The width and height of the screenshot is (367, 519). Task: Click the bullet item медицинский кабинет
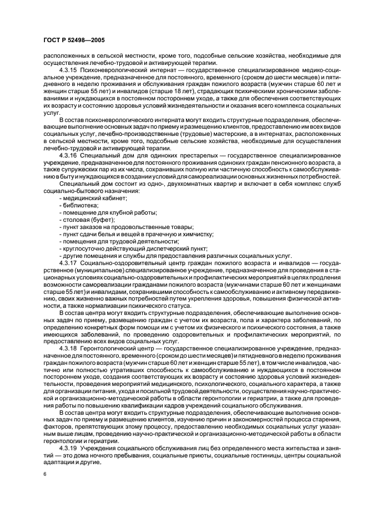[x=94, y=198]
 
